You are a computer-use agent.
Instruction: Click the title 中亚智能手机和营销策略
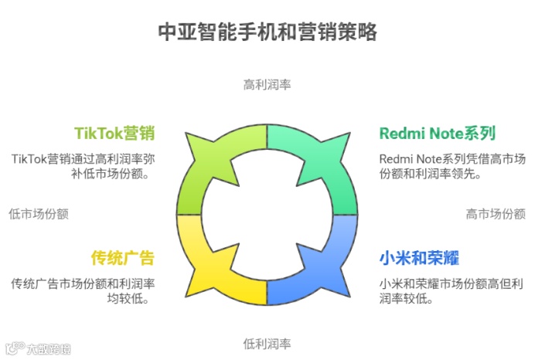click(267, 32)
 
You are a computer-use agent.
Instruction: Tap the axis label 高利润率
click(267, 83)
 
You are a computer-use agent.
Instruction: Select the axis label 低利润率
click(267, 343)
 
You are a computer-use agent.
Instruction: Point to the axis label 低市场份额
click(39, 214)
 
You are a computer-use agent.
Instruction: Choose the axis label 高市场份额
click(496, 214)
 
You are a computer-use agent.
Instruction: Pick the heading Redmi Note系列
click(437, 133)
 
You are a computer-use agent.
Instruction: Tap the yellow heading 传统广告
click(122, 257)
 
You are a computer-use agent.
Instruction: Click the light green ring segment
click(203, 166)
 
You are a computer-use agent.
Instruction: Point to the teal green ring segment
click(332, 166)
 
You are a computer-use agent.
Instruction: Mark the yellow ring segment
click(203, 263)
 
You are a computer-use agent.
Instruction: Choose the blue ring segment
click(332, 263)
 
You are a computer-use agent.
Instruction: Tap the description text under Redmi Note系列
click(452, 166)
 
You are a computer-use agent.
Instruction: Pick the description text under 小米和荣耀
click(452, 290)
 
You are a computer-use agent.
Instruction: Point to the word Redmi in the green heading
click(400, 133)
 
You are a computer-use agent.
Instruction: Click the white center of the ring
click(267, 214)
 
